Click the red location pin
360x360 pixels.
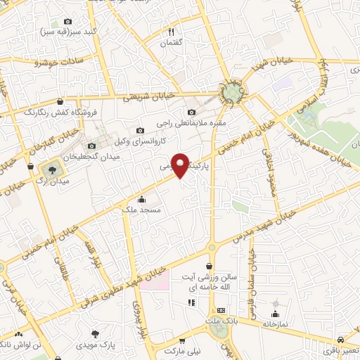click(181, 164)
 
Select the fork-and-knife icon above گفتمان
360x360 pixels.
click(171, 32)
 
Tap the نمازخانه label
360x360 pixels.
click(276, 325)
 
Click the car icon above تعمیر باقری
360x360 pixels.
click(340, 338)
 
